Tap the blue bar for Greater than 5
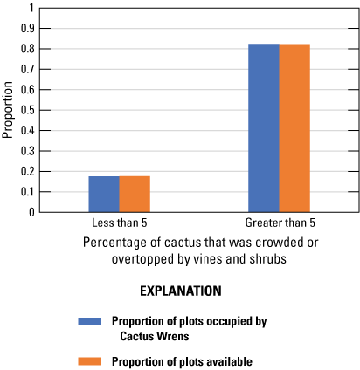click(x=264, y=127)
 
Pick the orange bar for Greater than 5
click(x=294, y=127)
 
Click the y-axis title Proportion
click(x=8, y=110)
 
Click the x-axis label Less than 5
click(x=119, y=223)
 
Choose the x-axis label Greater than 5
click(x=279, y=223)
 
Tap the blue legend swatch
click(x=90, y=320)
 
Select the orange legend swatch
click(x=90, y=360)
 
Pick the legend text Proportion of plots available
click(x=178, y=360)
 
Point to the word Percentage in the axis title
click(x=115, y=243)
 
